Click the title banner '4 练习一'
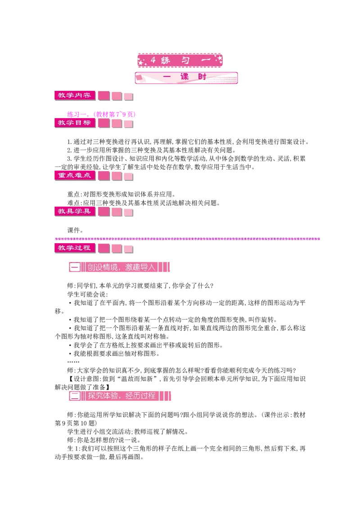coord(180,60)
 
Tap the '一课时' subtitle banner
coord(186,78)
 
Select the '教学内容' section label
coord(75,95)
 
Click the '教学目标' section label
coord(75,123)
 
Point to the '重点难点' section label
coord(75,176)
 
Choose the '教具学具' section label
coord(75,211)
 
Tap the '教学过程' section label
coord(75,248)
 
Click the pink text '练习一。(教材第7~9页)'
coord(101,114)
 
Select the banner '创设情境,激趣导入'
coord(119,267)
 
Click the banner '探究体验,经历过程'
coord(120,396)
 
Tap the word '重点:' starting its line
coord(74,194)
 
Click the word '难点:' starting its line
coord(74,203)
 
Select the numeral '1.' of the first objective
coord(70,142)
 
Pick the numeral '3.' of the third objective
coord(70,159)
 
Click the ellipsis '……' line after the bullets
coord(73,362)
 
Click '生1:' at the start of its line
coord(74,449)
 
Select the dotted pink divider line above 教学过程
coord(188,239)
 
